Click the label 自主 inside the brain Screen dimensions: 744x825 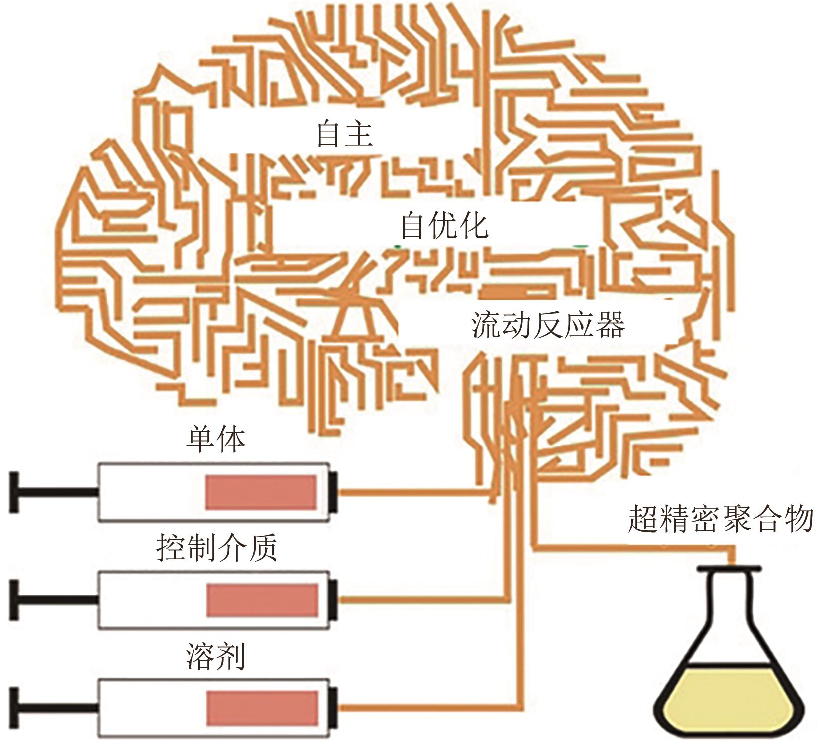(x=345, y=135)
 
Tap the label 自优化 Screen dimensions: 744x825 (x=444, y=226)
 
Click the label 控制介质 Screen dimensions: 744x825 (x=216, y=549)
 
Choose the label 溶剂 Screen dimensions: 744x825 (x=216, y=657)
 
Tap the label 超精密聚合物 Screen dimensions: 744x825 (x=720, y=520)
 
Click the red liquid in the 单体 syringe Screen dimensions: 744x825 (x=261, y=492)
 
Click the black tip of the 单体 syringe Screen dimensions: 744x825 (x=333, y=492)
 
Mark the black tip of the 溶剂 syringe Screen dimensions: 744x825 (x=333, y=708)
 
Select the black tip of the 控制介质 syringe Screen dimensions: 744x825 (x=333, y=600)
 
